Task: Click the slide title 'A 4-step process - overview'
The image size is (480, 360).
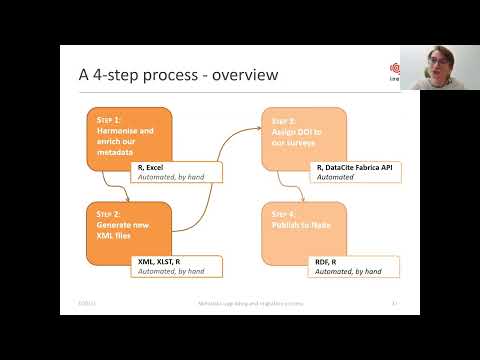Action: coord(177,76)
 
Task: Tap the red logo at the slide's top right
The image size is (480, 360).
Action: coord(394,69)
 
